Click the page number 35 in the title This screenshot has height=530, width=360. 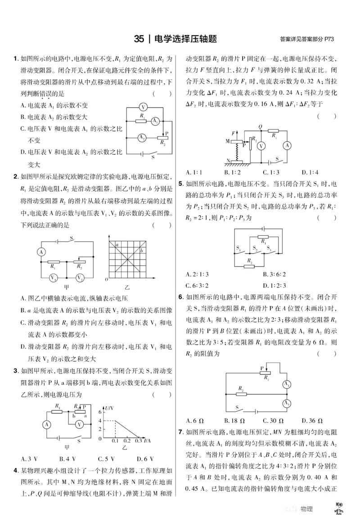(x=139, y=39)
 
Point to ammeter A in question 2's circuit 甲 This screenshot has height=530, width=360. (x=41, y=252)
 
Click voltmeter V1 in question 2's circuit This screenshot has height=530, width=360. (x=53, y=278)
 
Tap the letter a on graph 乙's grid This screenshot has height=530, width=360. (x=117, y=245)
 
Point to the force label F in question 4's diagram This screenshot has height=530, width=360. (x=233, y=134)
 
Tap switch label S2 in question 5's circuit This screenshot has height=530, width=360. (x=255, y=248)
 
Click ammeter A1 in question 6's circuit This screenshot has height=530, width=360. (x=286, y=384)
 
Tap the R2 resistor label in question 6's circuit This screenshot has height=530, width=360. (x=241, y=387)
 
